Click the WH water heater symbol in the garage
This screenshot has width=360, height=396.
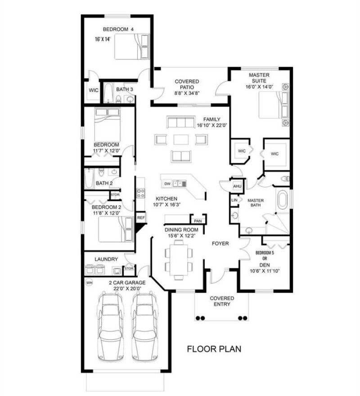tap(89, 283)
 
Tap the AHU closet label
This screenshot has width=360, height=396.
tap(237, 186)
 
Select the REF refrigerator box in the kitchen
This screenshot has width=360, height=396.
tap(141, 217)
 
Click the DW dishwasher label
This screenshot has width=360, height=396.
tap(167, 184)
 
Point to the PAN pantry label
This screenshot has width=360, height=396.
tap(198, 221)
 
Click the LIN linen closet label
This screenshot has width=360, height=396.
tap(234, 200)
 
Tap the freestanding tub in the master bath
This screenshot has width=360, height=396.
tap(283, 200)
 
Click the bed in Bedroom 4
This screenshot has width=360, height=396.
tap(131, 47)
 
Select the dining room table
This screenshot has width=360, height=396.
tap(179, 260)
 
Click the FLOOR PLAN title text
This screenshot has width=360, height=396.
tap(214, 349)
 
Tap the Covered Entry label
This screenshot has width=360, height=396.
tap(222, 301)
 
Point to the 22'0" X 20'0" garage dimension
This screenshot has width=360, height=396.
tap(127, 288)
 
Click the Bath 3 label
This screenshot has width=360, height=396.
tap(125, 90)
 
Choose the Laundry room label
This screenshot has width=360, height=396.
tap(106, 259)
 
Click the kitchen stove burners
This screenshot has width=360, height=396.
tap(140, 193)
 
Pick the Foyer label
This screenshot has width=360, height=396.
tap(220, 243)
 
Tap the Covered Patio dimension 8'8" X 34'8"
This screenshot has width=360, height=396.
tap(187, 93)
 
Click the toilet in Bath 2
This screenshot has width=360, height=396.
tap(101, 172)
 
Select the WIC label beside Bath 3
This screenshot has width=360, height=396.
tap(94, 90)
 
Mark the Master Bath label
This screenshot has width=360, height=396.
tap(256, 202)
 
